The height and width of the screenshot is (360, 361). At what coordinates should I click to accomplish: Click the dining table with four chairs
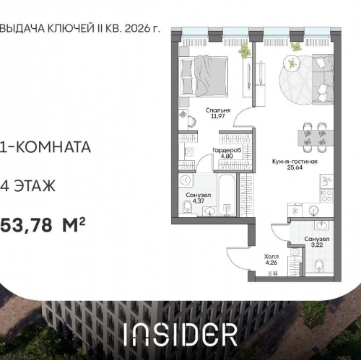point(313,138)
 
